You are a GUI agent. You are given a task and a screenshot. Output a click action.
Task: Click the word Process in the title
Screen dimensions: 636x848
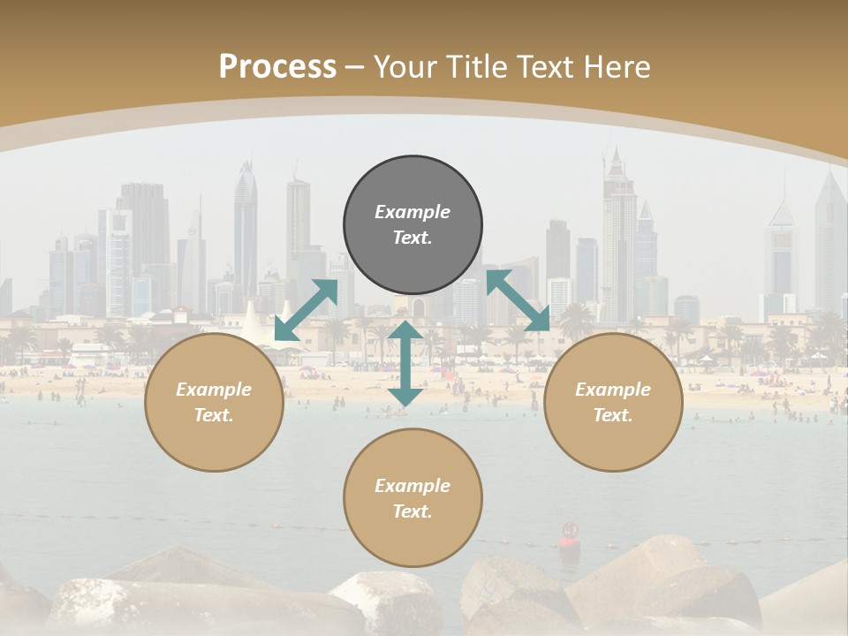(x=277, y=67)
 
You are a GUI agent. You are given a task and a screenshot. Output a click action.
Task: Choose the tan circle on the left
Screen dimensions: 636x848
(x=214, y=402)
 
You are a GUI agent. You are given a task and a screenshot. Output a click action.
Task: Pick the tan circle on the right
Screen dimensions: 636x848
(x=613, y=402)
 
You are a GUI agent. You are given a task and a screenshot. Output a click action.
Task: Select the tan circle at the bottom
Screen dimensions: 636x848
(x=413, y=497)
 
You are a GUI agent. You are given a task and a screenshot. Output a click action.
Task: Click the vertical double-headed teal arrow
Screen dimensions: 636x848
(x=405, y=363)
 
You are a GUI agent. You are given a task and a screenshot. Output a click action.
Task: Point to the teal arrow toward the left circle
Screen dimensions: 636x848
(x=306, y=309)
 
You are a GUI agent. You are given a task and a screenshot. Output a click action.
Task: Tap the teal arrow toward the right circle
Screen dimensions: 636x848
(x=518, y=300)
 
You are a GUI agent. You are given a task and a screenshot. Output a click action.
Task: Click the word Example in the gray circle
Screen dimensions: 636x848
(x=413, y=212)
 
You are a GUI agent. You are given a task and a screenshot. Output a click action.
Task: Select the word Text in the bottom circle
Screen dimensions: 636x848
(x=411, y=511)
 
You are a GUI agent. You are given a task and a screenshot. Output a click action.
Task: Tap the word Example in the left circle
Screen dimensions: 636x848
(x=214, y=390)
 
